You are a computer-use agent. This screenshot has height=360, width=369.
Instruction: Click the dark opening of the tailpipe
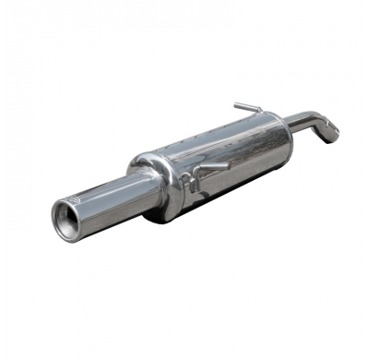click(67, 221)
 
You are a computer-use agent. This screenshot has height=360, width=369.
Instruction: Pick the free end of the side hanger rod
click(227, 164)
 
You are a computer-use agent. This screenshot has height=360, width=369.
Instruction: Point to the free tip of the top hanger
click(236, 104)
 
